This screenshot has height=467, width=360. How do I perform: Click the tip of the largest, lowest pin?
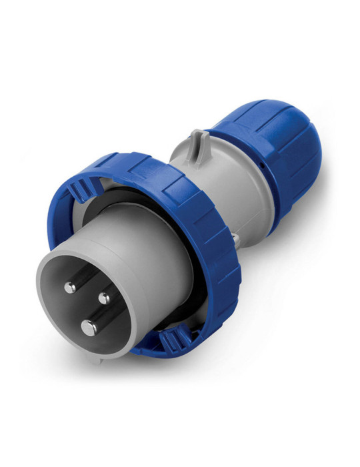coord(88,327)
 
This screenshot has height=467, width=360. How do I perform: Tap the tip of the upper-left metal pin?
coord(70,288)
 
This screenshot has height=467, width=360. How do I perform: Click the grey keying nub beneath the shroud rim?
coord(98,360)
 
